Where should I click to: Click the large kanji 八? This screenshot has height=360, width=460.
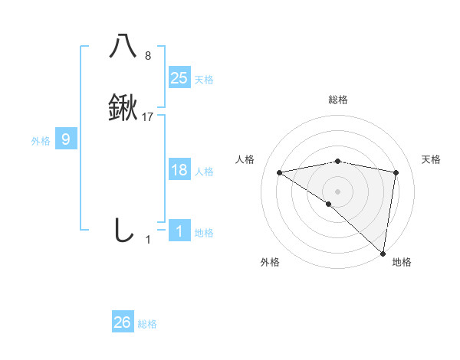pos(123,46)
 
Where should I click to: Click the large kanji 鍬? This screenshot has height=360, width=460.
pos(123,108)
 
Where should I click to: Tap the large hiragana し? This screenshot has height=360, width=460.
pos(123,230)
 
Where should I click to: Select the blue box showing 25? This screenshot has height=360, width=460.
pos(179,77)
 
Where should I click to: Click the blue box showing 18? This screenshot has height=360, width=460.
pos(179,170)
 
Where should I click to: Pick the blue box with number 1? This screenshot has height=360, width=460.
pos(179,231)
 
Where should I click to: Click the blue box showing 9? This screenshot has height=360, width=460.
pos(66,139)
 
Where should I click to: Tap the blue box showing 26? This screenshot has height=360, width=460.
pos(123,322)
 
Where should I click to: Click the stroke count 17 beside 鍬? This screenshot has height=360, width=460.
pos(148,117)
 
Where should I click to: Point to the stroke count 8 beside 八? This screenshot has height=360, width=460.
pos(148,56)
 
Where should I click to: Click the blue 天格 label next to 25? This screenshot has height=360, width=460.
pos(204,79)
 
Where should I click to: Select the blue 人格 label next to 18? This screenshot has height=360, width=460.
pos(204,172)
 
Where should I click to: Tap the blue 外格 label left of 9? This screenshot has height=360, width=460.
pos(41,141)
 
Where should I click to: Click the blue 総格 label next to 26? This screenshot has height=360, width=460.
pos(147,324)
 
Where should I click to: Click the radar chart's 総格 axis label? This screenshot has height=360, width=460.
pos(338,100)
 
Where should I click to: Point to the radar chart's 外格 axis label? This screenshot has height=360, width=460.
pos(270,262)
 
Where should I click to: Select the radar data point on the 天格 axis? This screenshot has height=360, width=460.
pos(396,172)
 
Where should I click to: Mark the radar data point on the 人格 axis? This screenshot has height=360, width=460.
pos(280,172)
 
